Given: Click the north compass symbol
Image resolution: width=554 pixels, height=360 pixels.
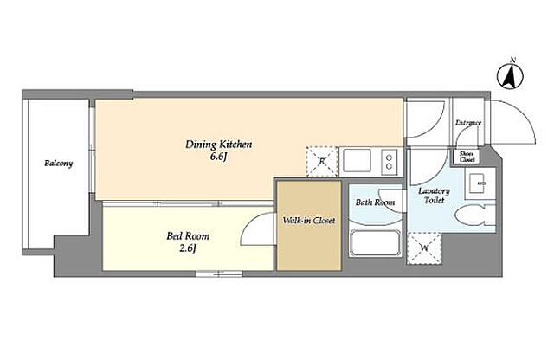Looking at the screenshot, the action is [510, 75].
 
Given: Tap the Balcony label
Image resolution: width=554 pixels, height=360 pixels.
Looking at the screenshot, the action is [59, 164].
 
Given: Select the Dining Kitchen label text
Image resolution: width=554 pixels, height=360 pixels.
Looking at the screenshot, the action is [219, 145].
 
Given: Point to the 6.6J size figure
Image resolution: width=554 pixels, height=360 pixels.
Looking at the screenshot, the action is [218, 157].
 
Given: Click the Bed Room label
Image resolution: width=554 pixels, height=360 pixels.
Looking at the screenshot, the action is [188, 235].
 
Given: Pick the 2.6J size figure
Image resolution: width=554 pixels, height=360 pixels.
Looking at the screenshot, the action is [188, 248].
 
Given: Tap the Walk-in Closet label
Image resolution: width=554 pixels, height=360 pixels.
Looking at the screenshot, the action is [309, 221].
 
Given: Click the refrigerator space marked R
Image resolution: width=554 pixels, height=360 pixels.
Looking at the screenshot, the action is [322, 161].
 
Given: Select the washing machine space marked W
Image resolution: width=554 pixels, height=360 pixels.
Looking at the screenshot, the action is [424, 248].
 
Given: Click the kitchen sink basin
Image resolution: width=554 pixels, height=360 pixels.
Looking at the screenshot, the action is [358, 161].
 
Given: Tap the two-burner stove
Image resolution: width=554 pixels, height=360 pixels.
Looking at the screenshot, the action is [389, 162].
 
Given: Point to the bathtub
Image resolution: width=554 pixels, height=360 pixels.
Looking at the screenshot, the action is [375, 243].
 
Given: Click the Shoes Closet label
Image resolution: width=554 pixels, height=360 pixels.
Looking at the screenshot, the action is [467, 157].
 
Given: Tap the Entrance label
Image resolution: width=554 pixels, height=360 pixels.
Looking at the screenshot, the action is [468, 123].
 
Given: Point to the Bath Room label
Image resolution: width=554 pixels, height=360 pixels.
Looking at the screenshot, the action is [375, 202].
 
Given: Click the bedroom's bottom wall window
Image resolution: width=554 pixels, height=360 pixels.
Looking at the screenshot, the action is [219, 273].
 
